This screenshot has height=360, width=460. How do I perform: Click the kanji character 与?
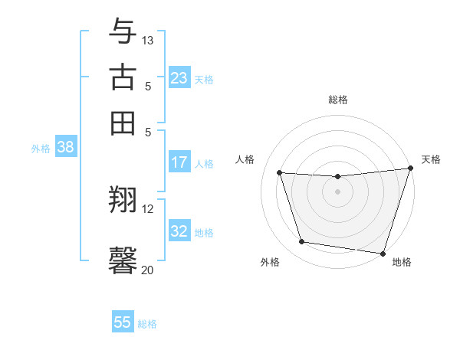(x=123, y=32)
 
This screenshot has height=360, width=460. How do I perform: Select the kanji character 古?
(x=123, y=79)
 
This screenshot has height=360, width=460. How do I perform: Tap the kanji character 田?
(x=123, y=123)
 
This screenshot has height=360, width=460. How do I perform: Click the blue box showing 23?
(x=179, y=78)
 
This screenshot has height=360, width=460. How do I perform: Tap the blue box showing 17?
(x=179, y=162)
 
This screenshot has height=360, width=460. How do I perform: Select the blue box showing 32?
(x=179, y=231)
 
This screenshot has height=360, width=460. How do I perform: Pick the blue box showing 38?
(x=65, y=148)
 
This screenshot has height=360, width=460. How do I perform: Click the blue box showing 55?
(x=123, y=322)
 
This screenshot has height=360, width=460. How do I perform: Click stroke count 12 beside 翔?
(x=148, y=208)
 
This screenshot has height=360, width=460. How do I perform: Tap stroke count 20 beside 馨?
(x=148, y=270)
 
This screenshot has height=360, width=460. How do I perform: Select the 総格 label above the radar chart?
(x=338, y=100)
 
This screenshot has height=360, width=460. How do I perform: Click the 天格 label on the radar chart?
(x=431, y=159)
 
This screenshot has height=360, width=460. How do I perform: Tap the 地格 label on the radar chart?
(x=402, y=262)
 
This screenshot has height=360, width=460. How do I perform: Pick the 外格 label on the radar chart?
(x=270, y=262)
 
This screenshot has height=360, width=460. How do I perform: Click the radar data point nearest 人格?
(x=280, y=173)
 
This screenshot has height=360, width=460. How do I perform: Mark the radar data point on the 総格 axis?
(x=338, y=177)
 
